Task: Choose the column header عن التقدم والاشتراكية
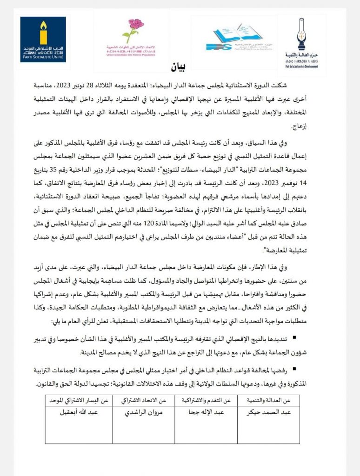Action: click(206, 401)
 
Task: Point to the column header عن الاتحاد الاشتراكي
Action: click(144, 401)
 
